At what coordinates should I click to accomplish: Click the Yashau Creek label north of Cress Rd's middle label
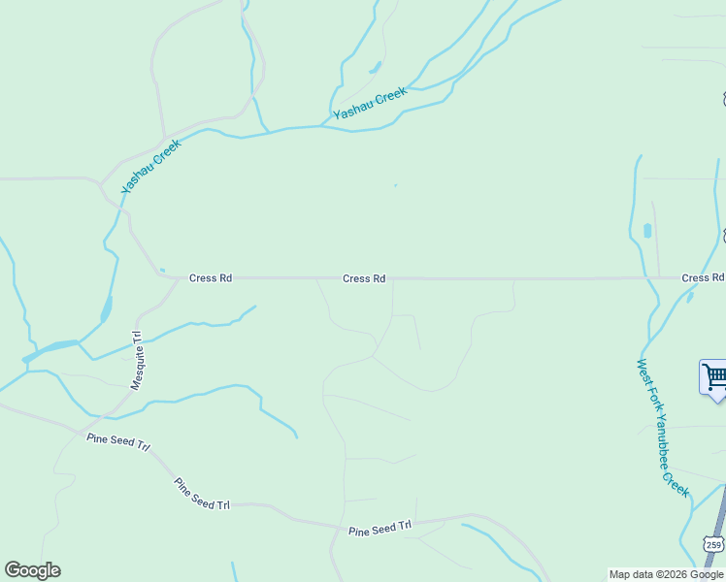click(370, 105)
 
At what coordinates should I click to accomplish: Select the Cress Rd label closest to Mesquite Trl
click(211, 278)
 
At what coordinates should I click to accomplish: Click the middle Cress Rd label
click(364, 278)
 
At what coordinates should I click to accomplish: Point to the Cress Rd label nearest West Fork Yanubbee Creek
click(702, 278)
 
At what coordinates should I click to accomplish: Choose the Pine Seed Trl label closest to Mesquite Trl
click(118, 445)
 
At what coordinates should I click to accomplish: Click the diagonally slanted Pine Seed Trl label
click(202, 494)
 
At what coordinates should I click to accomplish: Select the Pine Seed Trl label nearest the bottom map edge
click(379, 528)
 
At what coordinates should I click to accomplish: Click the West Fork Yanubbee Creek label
click(663, 428)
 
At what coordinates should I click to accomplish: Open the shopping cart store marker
click(713, 376)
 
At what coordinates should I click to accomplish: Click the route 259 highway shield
click(713, 544)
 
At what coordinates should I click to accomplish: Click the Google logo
click(32, 570)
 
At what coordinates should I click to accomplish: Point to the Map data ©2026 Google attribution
click(666, 574)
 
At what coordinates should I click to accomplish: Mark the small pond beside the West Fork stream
click(647, 231)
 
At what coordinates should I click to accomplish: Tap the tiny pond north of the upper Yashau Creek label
click(375, 68)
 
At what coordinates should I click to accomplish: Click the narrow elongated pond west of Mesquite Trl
click(106, 309)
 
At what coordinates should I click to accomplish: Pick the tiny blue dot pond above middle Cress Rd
click(395, 185)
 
